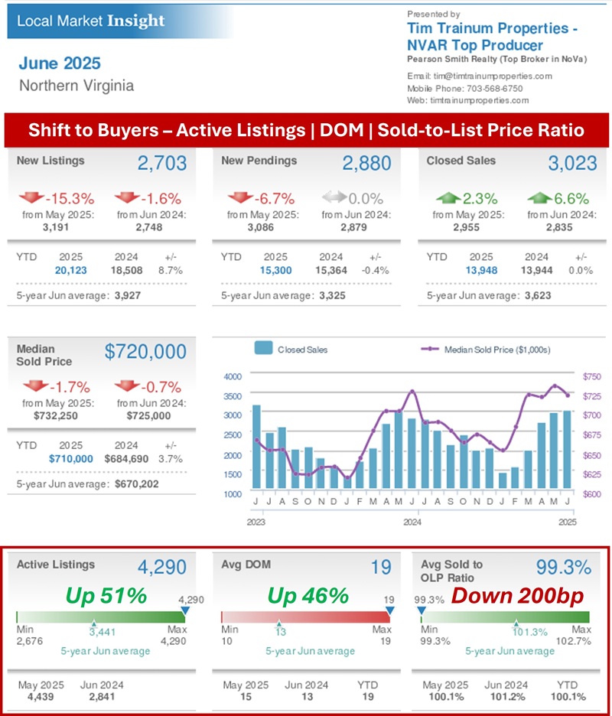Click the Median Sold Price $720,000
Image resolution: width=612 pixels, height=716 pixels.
tap(145, 352)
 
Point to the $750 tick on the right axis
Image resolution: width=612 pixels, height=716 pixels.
tap(591, 376)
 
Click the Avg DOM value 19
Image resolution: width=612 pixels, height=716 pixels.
tap(381, 568)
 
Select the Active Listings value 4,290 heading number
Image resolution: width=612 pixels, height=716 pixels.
tap(161, 568)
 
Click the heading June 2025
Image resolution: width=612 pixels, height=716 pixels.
tap(60, 63)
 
